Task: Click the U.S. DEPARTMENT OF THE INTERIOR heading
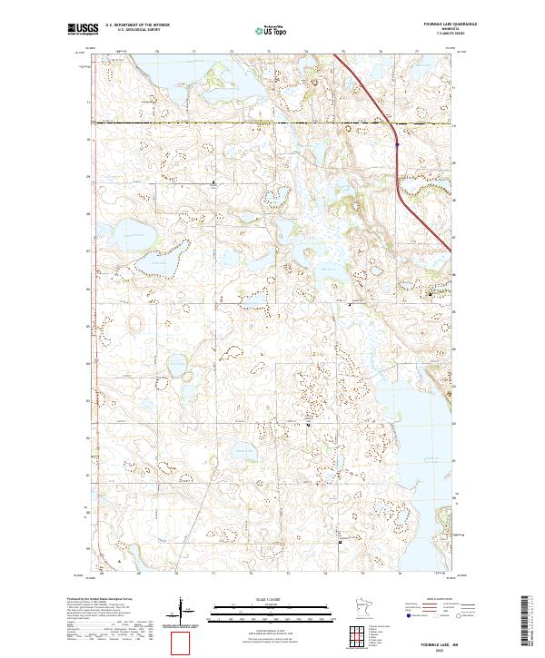[137, 25]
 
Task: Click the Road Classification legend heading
[419, 601]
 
